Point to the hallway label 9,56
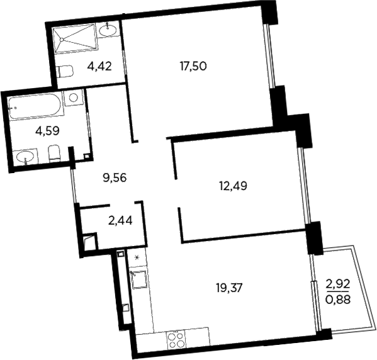click(x=115, y=177)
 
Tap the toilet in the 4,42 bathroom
click(x=63, y=73)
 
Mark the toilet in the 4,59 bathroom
click(x=53, y=153)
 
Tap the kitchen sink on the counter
click(x=137, y=278)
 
